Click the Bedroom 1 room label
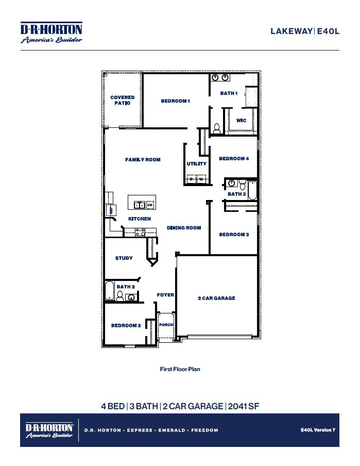pos(176,101)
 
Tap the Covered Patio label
pos(123,100)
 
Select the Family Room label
pos(143,160)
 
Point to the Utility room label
pos(196,164)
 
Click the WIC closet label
pos(241,121)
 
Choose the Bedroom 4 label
pos(234,159)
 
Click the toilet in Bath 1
pos(217,128)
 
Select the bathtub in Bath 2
pos(109,290)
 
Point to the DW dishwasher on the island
pos(150,205)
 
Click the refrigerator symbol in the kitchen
pos(109,209)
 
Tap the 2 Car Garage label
pos(216,298)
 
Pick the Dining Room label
pos(184,228)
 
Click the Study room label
pos(124,258)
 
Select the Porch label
pos(166,325)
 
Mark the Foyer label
pos(165,295)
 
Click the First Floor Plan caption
pos(180,369)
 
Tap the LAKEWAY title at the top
pos(291,31)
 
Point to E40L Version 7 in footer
pos(318,429)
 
